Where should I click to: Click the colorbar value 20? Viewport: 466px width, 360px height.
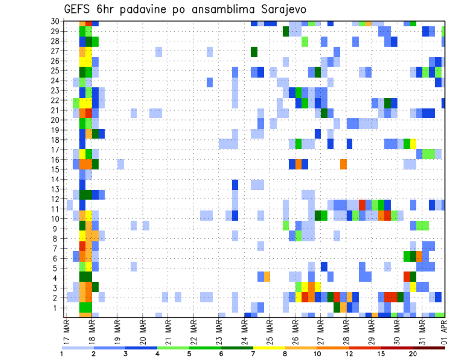coord(413,354)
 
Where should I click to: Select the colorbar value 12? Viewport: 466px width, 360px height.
coord(349,354)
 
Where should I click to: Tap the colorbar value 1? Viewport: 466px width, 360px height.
coord(62,354)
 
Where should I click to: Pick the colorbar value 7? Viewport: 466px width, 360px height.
coord(253,354)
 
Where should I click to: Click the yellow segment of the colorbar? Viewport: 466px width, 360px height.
coord(269,348)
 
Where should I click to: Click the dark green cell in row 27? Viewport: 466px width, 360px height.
coord(254,51)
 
